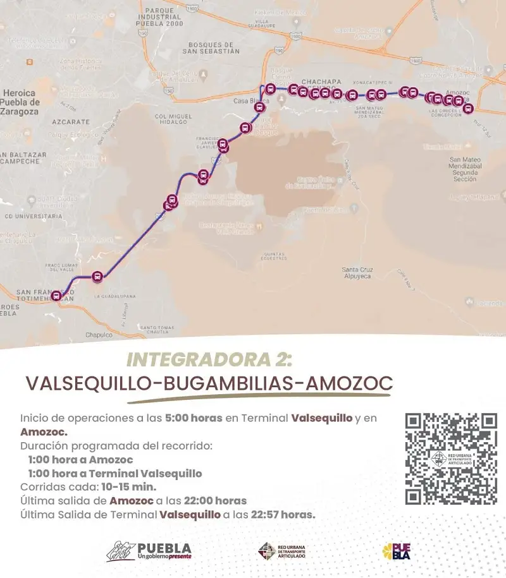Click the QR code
point(451,459)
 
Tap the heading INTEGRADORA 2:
point(210,360)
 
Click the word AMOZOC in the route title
point(349,383)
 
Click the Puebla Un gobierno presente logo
point(149,551)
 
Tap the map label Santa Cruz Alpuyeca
point(358,273)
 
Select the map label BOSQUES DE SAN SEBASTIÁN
point(211,47)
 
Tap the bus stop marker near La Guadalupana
point(97,276)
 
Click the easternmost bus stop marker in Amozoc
point(467,108)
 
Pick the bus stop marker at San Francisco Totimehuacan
point(57,296)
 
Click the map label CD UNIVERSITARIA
point(31,215)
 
